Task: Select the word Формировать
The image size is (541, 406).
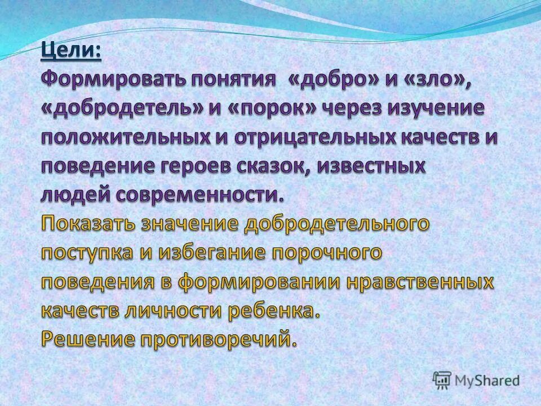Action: point(112,81)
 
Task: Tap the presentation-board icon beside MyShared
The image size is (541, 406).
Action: point(442,379)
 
